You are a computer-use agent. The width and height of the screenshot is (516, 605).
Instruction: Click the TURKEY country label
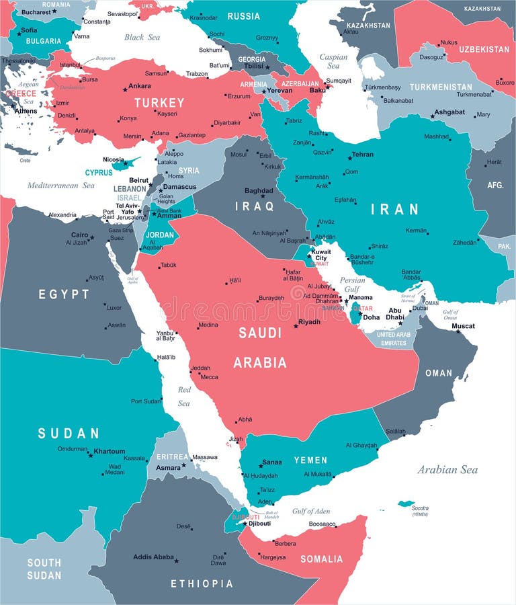click(159, 103)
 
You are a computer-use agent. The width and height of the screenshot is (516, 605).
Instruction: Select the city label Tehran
click(363, 155)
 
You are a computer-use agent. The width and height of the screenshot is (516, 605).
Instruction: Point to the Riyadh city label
click(309, 322)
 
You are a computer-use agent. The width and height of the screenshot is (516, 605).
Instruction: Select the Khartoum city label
click(109, 451)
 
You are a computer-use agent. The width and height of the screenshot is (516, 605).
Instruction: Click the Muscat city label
click(463, 326)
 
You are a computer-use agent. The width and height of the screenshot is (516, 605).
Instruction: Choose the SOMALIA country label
click(321, 559)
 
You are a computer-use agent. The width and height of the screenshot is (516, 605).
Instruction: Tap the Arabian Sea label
click(447, 469)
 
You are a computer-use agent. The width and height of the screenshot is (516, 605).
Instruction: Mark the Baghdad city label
click(259, 191)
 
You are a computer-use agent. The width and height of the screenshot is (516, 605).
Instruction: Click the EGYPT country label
click(64, 294)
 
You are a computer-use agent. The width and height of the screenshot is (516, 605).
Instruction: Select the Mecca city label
click(209, 377)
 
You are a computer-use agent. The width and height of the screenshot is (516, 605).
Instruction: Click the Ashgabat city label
click(449, 112)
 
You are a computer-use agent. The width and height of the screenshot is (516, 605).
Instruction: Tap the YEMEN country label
click(310, 460)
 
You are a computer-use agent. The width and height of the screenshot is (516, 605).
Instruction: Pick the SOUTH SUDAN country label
click(44, 569)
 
